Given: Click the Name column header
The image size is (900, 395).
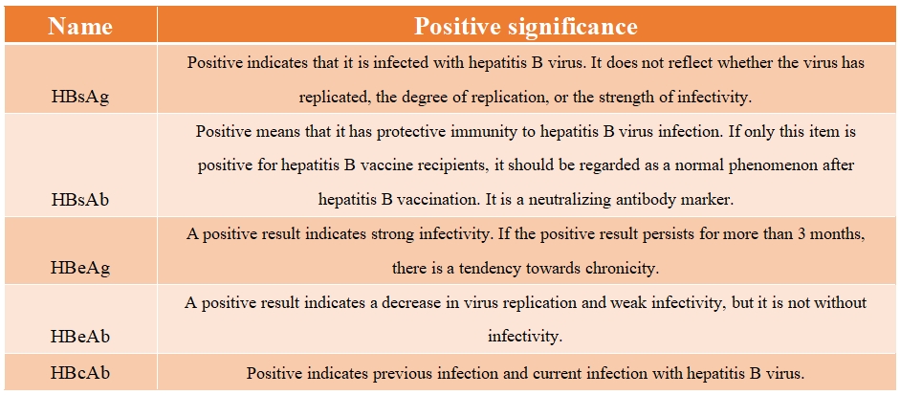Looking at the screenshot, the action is pos(80,27).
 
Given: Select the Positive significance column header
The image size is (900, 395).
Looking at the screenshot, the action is pos(526,27).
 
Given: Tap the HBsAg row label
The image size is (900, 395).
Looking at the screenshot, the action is pos(80,97).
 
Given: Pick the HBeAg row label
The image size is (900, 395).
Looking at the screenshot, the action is pos(80,267).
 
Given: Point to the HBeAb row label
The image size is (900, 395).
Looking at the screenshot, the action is pos(80,336).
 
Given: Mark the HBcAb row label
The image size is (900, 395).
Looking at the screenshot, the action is pos(80,373).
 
